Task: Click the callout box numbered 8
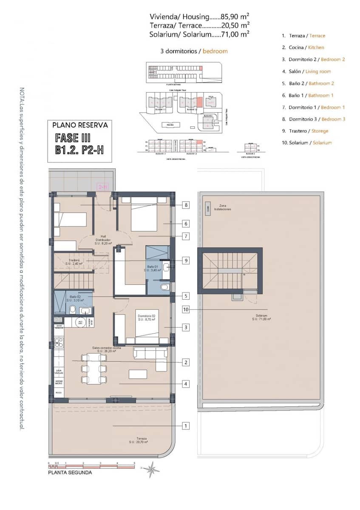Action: (x=186, y=205)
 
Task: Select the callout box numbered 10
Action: (x=186, y=309)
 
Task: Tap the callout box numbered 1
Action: (x=186, y=425)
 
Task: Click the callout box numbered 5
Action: (x=186, y=296)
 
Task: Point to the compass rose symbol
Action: (x=151, y=469)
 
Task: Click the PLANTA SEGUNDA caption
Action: (x=70, y=472)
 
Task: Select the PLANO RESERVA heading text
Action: (x=80, y=125)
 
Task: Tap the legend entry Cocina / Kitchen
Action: (x=306, y=48)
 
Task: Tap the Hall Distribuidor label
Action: (x=103, y=240)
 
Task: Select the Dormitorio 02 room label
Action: (x=147, y=317)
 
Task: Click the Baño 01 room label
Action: (x=153, y=268)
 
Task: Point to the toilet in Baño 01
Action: (x=165, y=287)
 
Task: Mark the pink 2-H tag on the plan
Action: (x=103, y=186)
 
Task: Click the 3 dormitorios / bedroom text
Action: (x=194, y=51)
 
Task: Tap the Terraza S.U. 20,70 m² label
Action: (x=139, y=440)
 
